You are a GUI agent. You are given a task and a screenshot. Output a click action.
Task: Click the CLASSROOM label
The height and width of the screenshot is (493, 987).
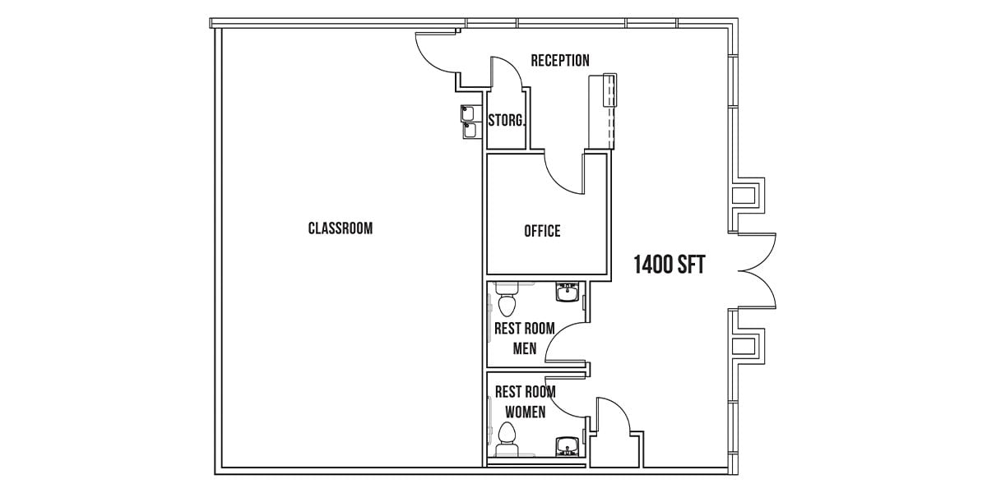point(341,228)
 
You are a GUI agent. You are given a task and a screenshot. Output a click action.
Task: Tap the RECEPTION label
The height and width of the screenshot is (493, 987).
point(560,60)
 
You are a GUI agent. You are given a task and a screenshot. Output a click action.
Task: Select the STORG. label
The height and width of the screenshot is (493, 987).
point(507,120)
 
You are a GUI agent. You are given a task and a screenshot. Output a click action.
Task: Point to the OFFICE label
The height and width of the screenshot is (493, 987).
point(542,231)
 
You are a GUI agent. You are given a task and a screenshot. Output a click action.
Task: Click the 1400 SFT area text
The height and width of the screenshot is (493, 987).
point(670,265)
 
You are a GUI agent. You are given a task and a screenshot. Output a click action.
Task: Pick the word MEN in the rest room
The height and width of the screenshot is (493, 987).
point(525,348)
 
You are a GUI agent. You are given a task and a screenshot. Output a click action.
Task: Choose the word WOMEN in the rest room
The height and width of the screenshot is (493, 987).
point(526,412)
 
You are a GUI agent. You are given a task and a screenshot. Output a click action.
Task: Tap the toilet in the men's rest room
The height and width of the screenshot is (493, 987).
point(507,298)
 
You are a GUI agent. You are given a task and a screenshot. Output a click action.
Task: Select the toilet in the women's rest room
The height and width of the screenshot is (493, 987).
point(507,440)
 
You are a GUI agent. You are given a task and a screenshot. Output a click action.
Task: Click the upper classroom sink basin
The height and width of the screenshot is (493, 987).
point(467,113)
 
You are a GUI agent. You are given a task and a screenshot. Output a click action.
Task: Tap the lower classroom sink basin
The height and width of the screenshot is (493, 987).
point(470,131)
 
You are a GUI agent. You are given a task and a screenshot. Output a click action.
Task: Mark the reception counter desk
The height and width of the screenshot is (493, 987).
point(603,112)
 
